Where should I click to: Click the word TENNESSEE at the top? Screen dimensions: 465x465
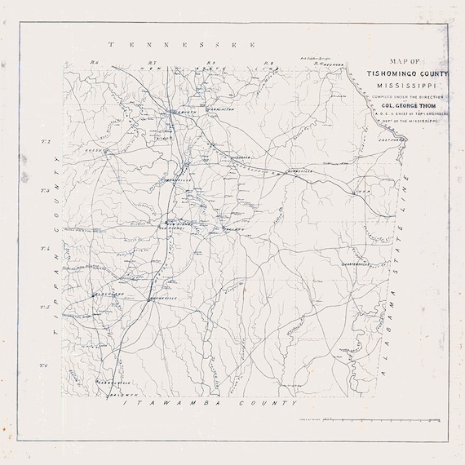pos(184,45)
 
